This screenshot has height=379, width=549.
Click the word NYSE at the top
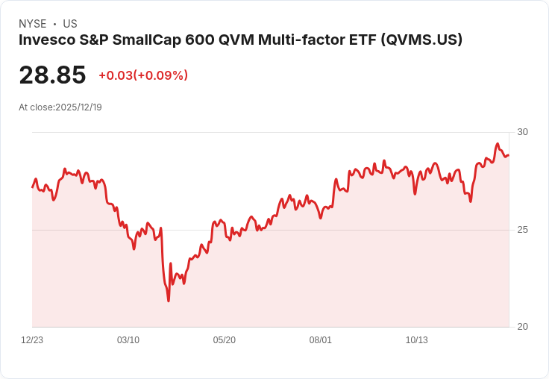32,24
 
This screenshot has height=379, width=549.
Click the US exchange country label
70,24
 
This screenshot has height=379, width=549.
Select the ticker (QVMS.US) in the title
421,40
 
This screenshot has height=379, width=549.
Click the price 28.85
52,75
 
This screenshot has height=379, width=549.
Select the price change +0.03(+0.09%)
143,75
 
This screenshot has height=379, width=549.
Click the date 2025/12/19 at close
78,107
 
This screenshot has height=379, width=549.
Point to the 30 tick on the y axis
522,132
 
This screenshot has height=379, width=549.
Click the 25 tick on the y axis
522,230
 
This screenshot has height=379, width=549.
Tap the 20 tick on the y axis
522,327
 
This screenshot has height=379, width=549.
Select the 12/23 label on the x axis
32,340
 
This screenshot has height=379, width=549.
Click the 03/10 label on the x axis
128,340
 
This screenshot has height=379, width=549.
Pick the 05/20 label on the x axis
225,340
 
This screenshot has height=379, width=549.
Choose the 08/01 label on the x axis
320,340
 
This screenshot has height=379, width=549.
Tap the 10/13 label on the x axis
416,340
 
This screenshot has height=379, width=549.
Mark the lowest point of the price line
169,301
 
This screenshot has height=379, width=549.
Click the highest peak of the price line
498,144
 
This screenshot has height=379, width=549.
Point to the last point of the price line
509,155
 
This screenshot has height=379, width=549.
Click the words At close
36,107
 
